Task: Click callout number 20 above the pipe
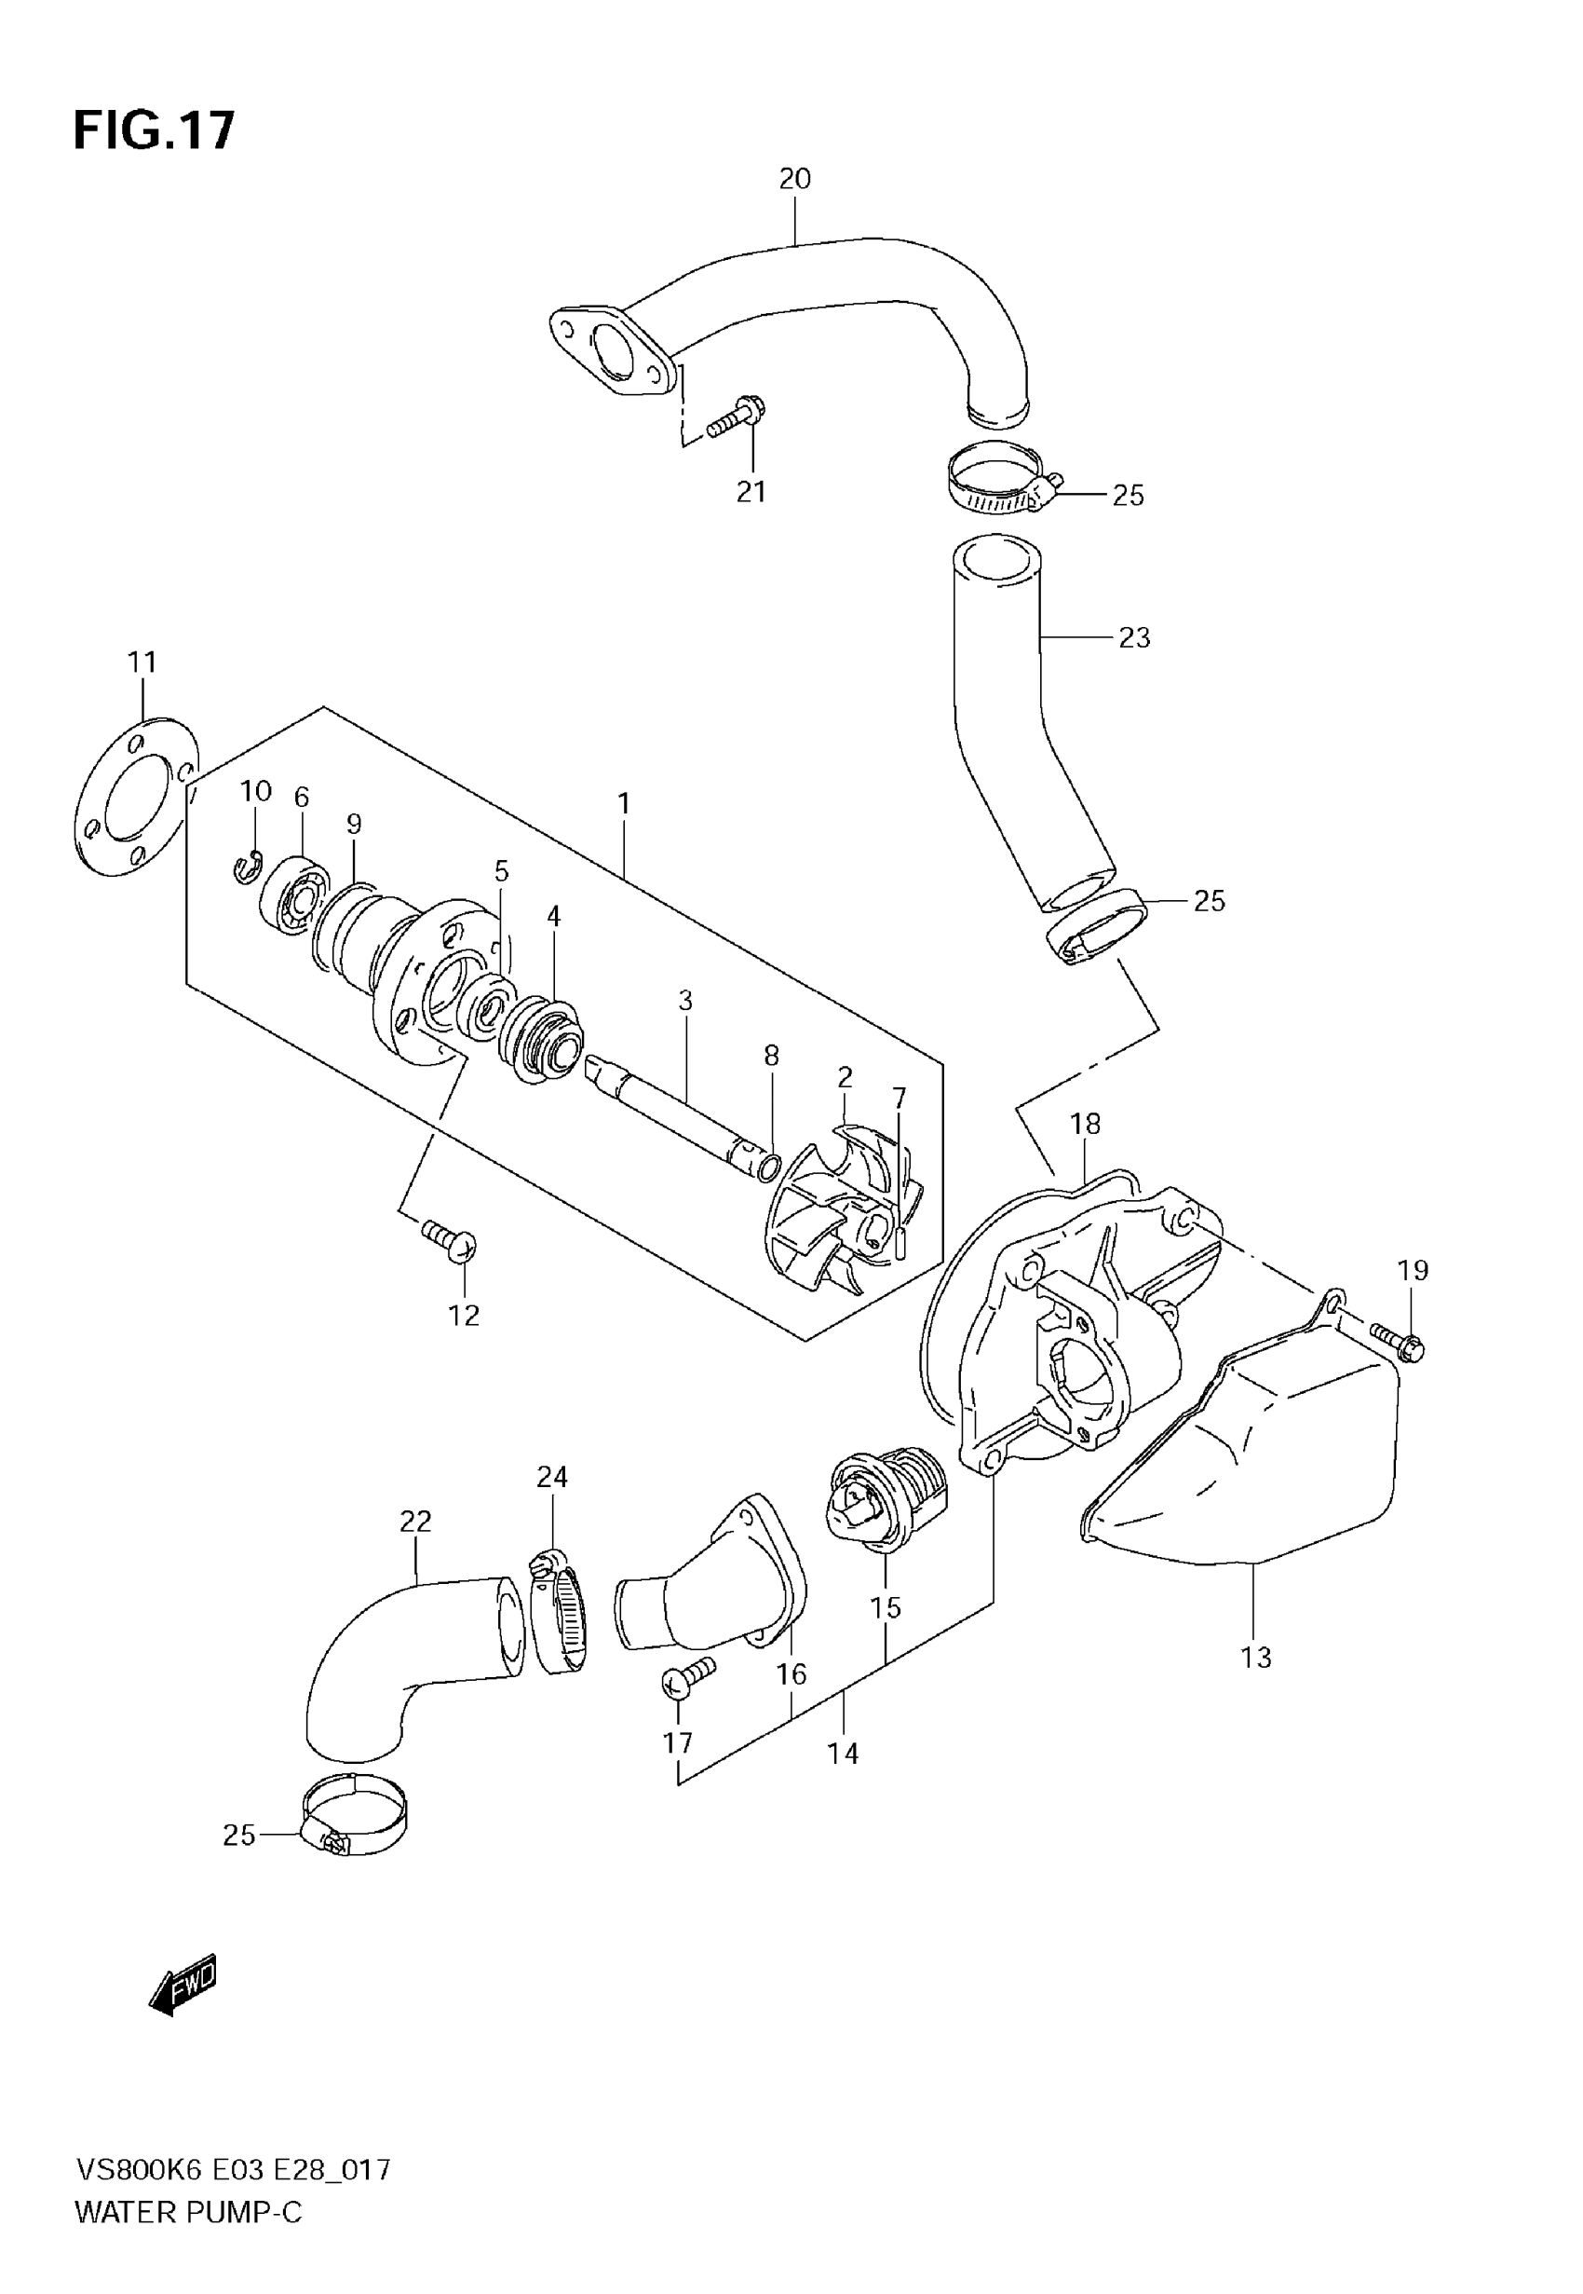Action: point(794,179)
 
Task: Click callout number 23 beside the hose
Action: point(1133,637)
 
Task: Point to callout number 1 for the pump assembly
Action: point(624,804)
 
